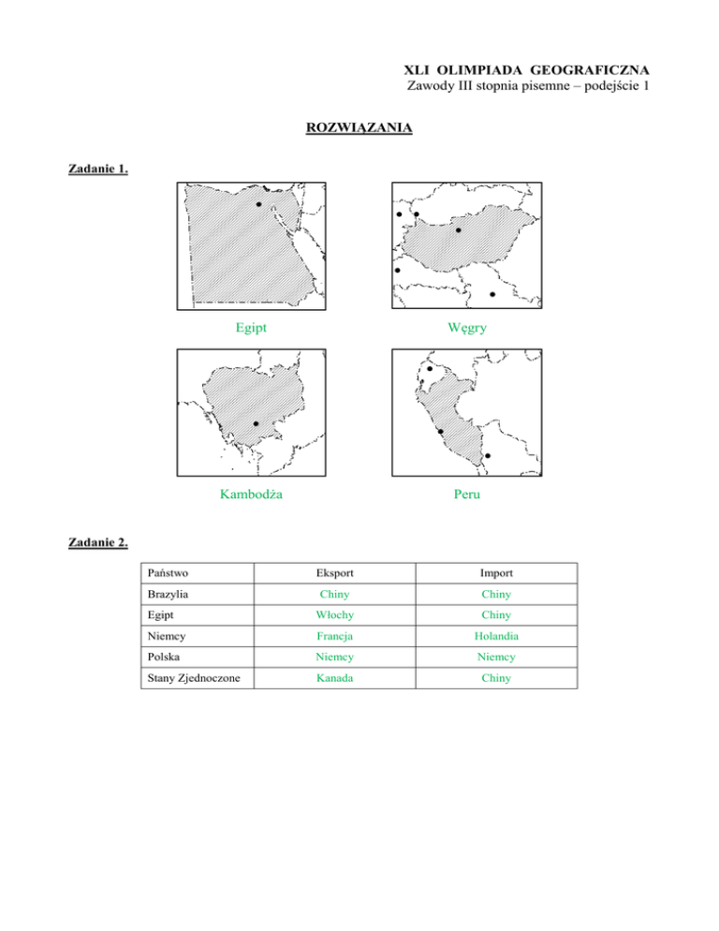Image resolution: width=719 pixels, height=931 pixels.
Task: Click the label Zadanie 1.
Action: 98,170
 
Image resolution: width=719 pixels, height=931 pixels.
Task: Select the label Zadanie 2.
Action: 98,540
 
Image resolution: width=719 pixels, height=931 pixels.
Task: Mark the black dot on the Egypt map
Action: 259,204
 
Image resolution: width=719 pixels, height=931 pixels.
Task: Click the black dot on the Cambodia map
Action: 256,424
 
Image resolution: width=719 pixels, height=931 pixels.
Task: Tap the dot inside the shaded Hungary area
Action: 458,229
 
